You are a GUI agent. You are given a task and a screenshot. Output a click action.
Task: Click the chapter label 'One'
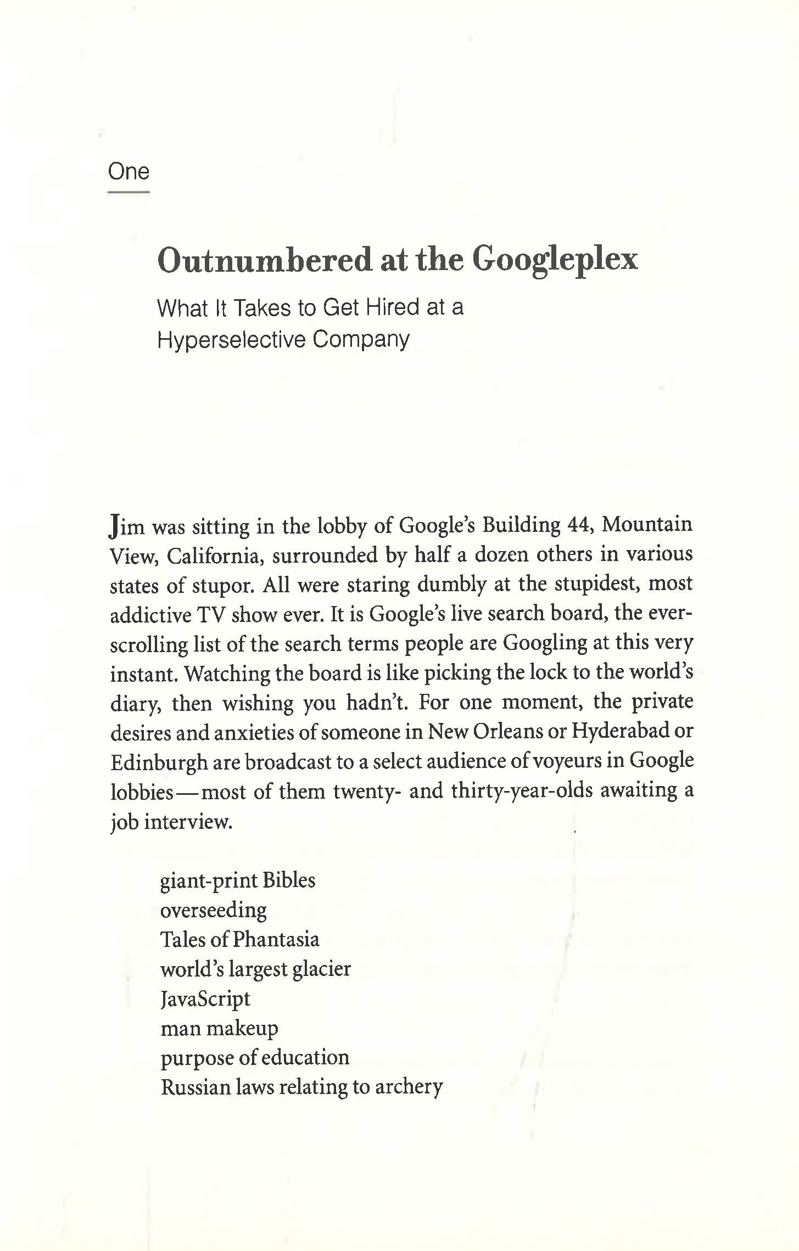(x=128, y=172)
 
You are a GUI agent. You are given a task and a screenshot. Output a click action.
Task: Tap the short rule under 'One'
(x=128, y=192)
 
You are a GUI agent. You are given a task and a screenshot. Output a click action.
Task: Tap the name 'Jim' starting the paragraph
(x=127, y=526)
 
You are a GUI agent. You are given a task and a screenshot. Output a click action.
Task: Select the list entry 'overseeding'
(x=213, y=911)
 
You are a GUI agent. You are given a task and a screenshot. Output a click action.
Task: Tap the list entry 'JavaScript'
(x=205, y=998)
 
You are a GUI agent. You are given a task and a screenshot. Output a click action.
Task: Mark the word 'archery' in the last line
(x=409, y=1087)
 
